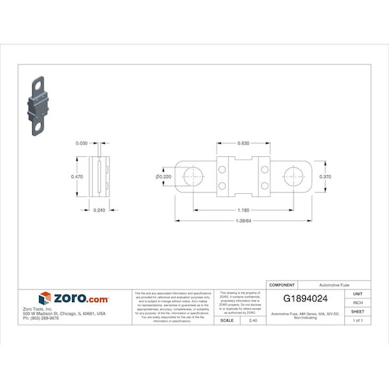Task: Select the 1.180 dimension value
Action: [243, 210]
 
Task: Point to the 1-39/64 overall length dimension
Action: [243, 221]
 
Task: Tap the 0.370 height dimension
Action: [325, 177]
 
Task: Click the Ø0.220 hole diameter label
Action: [163, 177]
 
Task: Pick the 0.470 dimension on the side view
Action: [77, 177]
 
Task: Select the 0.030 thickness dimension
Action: [82, 143]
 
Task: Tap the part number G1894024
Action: [305, 299]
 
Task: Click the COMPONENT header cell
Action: [282, 285]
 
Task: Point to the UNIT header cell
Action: [357, 293]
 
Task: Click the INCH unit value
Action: [357, 303]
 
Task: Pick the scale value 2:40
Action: [253, 320]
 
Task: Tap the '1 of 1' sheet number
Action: [357, 320]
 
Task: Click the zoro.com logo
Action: [74, 299]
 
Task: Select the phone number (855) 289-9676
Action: [41, 318]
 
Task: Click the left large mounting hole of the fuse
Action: [193, 177]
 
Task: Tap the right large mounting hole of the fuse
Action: [293, 177]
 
